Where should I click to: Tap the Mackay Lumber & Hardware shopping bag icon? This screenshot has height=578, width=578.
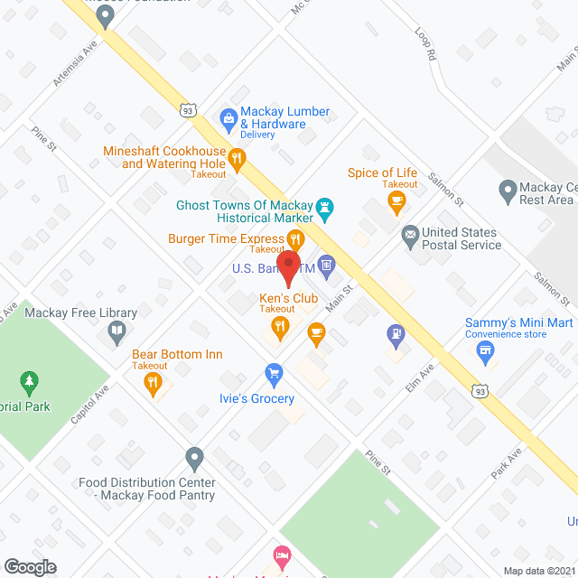coord(229,117)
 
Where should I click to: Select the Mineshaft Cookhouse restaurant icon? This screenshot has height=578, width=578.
coord(237,160)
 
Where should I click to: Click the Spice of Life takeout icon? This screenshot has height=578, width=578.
coord(396,203)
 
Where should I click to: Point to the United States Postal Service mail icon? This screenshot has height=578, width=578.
coord(410,235)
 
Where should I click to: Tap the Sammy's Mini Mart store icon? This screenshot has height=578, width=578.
coord(487,351)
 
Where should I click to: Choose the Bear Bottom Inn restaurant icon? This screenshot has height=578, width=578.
coord(153,385)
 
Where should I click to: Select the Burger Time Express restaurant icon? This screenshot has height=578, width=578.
coord(295,238)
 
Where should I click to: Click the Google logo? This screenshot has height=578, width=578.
coord(30,566)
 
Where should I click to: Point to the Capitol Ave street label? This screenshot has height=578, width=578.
coord(90,407)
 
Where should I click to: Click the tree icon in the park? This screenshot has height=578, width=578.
coord(31,382)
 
